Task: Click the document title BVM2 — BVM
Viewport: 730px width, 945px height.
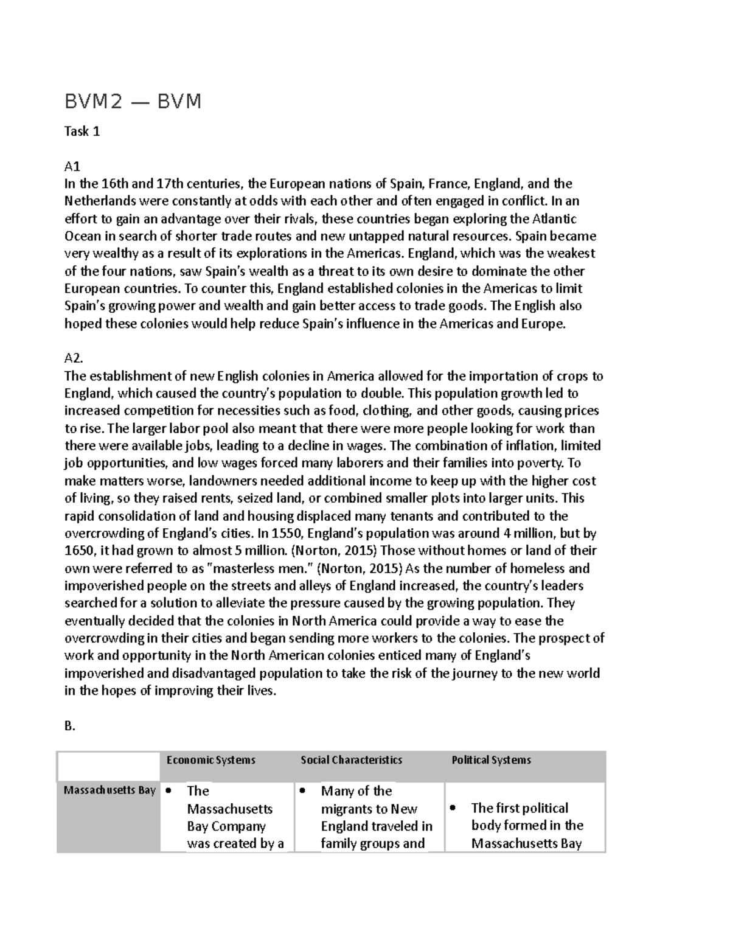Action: [x=133, y=101]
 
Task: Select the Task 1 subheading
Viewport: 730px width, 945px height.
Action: [x=82, y=131]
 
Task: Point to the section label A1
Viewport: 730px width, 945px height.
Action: [x=72, y=166]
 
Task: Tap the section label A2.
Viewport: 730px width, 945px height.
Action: [x=74, y=359]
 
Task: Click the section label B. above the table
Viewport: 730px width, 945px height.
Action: [x=70, y=726]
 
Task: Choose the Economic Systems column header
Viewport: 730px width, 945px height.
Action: [x=210, y=760]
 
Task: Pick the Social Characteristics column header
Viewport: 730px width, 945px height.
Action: [x=351, y=760]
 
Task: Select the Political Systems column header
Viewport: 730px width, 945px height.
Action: [x=491, y=760]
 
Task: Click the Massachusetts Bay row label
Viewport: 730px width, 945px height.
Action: [x=109, y=790]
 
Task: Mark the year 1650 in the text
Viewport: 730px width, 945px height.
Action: [x=78, y=551]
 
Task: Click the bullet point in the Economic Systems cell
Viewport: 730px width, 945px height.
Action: [x=169, y=790]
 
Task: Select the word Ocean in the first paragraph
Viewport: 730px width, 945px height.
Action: [x=83, y=236]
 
